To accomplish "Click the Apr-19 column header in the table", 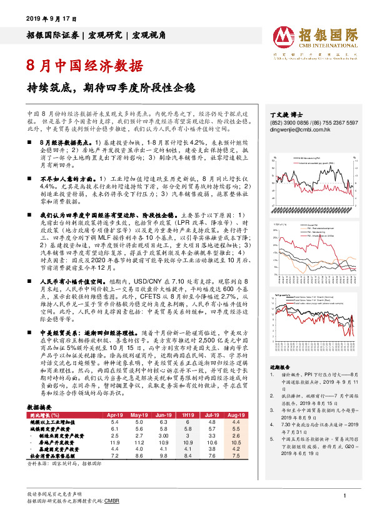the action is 114,414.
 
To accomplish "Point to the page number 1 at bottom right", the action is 344,496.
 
